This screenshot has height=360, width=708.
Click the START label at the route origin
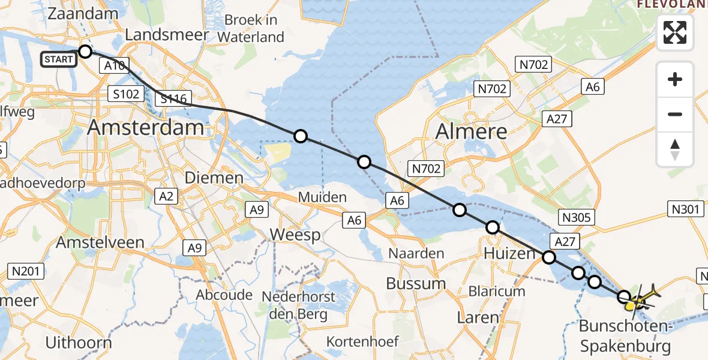point(59,59)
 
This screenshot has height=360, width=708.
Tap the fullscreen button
point(675,32)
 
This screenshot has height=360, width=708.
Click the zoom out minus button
point(675,114)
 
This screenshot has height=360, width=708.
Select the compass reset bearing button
point(675,149)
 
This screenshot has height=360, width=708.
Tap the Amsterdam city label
point(146,128)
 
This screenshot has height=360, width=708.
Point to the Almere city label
point(471,130)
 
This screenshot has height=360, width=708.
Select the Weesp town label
point(295,235)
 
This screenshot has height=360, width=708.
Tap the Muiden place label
point(323,197)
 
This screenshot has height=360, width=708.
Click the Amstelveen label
point(101,242)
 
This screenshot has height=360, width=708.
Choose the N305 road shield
point(575,217)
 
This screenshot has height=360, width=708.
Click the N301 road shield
point(685,209)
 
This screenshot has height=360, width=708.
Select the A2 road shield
point(167,196)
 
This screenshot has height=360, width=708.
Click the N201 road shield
point(26,272)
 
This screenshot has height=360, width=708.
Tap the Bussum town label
point(416,283)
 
